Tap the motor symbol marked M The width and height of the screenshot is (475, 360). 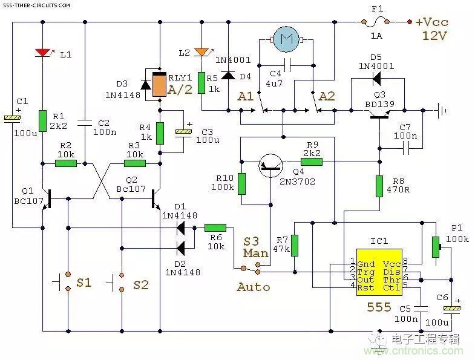pyautogui.click(x=284, y=41)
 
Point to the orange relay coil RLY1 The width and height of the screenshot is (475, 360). pyautogui.click(x=160, y=85)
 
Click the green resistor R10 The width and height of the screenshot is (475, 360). pyautogui.click(x=241, y=183)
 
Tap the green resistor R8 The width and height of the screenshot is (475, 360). pyautogui.click(x=379, y=185)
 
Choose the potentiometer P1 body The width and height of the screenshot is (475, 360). pyautogui.click(x=434, y=246)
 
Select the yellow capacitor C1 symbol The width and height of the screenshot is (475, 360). pyautogui.click(x=13, y=118)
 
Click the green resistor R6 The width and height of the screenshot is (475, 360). pyautogui.click(x=215, y=228)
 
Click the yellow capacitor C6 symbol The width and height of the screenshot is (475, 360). pyautogui.click(x=451, y=309)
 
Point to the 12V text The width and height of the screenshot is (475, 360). pyautogui.click(x=434, y=36)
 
